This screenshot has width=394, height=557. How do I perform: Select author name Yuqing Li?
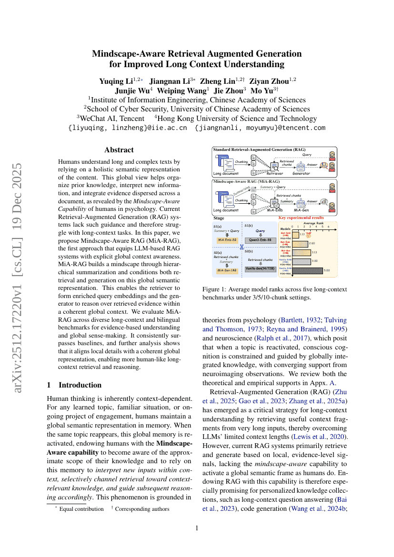click(115, 81)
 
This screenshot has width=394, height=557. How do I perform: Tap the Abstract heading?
click(119, 149)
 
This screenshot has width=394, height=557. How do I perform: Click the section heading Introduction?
click(80, 385)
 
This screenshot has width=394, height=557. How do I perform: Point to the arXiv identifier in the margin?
click(19, 278)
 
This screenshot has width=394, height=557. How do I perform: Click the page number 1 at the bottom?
click(197, 528)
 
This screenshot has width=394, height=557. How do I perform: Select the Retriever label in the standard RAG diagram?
click(274, 173)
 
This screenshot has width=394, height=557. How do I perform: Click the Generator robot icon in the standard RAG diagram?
click(301, 167)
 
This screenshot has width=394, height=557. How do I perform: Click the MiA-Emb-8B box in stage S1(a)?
click(227, 240)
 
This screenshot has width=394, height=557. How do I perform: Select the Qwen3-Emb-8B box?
click(261, 240)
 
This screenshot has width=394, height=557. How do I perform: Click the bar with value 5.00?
click(307, 270)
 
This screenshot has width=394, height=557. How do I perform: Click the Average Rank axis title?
click(313, 223)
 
